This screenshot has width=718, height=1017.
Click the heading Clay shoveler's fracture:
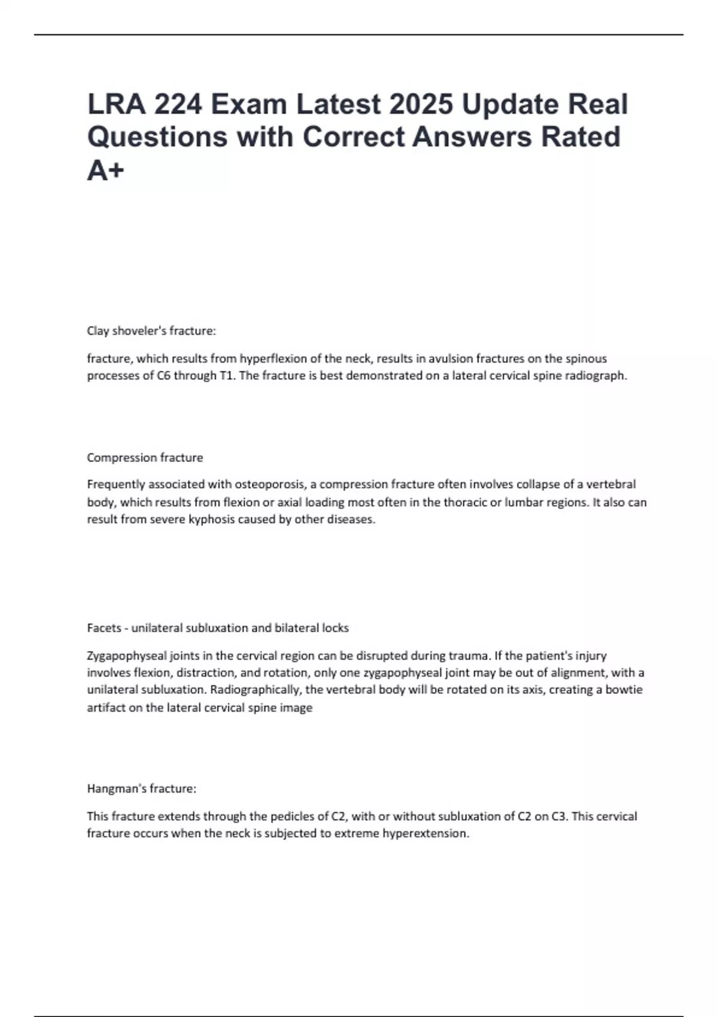pos(151,331)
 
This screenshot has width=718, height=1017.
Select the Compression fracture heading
pos(145,458)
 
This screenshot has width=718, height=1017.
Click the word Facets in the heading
pos(104,628)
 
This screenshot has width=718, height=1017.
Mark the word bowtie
pos(623,690)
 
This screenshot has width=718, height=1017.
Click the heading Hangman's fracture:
pos(142,789)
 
